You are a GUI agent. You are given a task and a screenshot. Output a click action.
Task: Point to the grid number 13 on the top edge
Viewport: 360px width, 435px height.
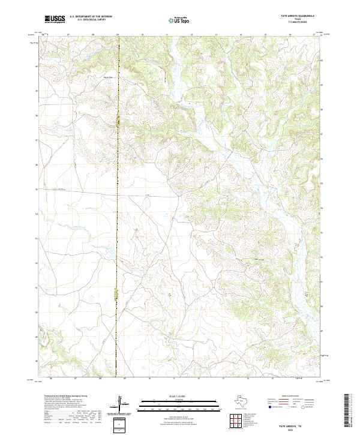(x=216, y=35)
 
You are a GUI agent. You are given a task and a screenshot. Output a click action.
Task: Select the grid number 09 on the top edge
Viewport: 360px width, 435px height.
(x=118, y=35)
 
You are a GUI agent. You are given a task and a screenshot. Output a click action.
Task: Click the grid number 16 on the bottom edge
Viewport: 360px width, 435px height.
(x=290, y=379)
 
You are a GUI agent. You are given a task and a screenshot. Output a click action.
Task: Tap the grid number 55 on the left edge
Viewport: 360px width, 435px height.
(x=37, y=190)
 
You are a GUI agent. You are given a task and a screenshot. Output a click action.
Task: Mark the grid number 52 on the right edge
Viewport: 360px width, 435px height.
(x=324, y=256)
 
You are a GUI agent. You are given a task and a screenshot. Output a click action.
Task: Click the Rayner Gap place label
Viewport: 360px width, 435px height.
(x=109, y=76)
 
